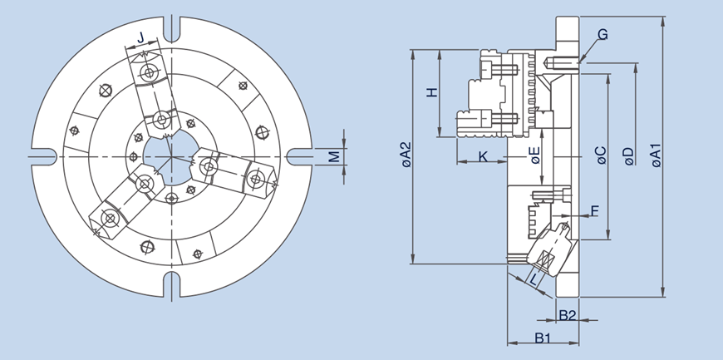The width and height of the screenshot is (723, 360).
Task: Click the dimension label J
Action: tap(141, 37)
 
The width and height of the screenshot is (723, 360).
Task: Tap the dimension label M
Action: tap(333, 155)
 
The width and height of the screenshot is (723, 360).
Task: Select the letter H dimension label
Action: tap(431, 92)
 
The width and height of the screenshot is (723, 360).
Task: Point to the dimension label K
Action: tap(483, 155)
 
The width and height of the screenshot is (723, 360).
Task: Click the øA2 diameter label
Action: tap(405, 155)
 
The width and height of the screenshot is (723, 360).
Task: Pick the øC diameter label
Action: tap(601, 155)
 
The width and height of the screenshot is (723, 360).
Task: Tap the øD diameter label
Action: tap(628, 155)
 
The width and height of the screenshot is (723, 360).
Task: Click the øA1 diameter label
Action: tap(656, 155)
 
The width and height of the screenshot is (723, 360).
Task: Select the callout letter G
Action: tap(602, 35)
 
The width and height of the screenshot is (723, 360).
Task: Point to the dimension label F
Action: tap(593, 211)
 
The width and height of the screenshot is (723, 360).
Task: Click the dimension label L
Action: tap(534, 280)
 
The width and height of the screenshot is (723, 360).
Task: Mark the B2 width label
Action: tap(568, 315)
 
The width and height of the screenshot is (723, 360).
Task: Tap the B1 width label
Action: tap(543, 338)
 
